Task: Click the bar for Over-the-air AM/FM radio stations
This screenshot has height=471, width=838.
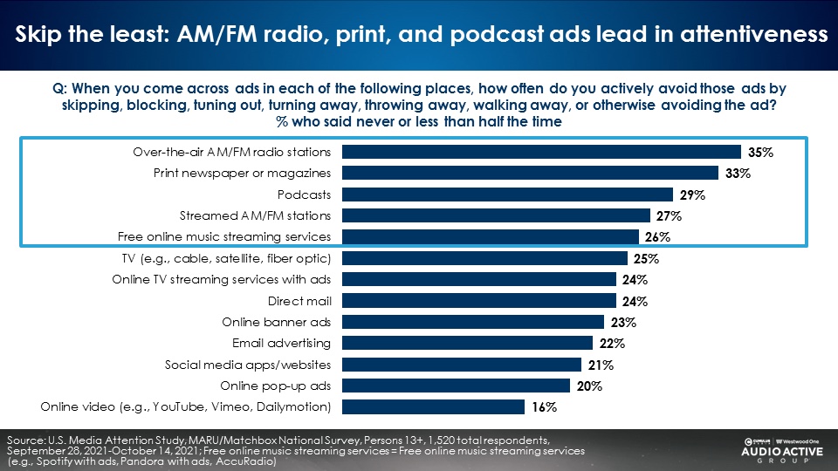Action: tap(541, 152)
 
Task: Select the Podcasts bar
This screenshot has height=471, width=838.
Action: tap(507, 195)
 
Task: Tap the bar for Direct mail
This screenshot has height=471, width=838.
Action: tap(479, 302)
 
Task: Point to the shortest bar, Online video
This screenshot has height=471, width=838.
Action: tap(433, 407)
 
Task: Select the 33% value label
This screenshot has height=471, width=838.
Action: tap(738, 174)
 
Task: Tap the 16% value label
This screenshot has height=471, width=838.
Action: tap(545, 407)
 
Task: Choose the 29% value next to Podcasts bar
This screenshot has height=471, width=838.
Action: tap(693, 195)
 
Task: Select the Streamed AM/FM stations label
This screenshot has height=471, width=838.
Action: tap(255, 215)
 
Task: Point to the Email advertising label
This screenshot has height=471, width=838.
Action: tap(281, 343)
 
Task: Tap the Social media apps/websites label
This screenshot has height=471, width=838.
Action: tap(248, 365)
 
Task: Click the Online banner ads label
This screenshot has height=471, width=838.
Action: tap(277, 322)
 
